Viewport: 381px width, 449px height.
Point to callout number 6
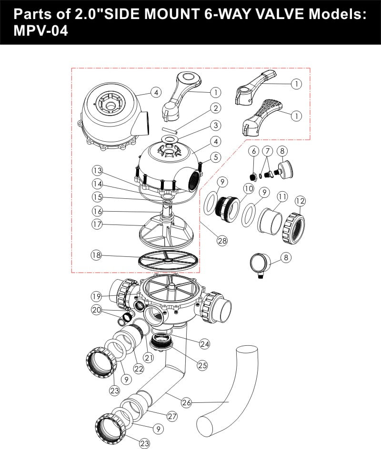pyautogui.click(x=254, y=151)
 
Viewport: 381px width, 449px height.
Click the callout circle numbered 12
pyautogui.click(x=300, y=202)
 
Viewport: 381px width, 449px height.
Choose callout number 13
pyautogui.click(x=98, y=170)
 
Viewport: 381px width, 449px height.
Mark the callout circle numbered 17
pyautogui.click(x=98, y=224)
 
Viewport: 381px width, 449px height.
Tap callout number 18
pyautogui.click(x=97, y=255)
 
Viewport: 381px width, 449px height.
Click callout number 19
pyautogui.click(x=97, y=296)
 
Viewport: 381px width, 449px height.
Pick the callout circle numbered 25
pyautogui.click(x=202, y=365)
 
